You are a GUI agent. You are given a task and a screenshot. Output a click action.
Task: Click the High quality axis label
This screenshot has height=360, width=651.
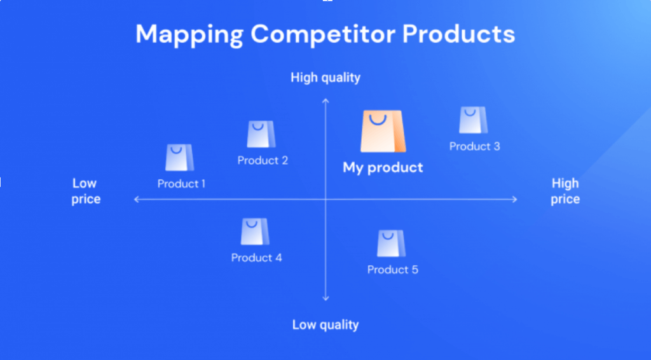click(x=325, y=78)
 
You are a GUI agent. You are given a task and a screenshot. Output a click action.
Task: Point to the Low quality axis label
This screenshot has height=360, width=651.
click(x=325, y=325)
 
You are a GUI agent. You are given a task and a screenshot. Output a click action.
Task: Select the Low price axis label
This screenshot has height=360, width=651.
click(x=85, y=191)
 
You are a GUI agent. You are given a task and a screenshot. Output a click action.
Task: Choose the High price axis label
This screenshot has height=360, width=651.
click(x=565, y=191)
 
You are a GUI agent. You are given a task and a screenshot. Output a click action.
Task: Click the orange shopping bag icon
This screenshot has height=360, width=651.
click(x=382, y=132)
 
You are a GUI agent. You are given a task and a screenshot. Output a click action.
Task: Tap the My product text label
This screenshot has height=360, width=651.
click(x=383, y=168)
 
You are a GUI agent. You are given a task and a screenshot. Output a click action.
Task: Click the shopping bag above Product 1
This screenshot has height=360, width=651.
click(x=179, y=158)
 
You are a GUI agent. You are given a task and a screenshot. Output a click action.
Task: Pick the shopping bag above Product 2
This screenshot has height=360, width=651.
click(x=261, y=134)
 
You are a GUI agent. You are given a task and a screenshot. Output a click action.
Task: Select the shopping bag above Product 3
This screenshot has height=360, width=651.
click(x=472, y=120)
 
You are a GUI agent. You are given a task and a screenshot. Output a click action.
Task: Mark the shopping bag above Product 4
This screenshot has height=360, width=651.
click(x=254, y=232)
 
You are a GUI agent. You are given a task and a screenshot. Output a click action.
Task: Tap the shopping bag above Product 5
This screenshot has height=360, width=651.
click(x=391, y=244)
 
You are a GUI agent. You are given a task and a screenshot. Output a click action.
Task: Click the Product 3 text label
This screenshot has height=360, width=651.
click(x=474, y=146)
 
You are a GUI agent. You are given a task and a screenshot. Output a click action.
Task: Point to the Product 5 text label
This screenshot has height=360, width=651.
click(x=393, y=270)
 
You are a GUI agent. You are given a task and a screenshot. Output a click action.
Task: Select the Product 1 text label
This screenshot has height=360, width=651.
click(x=181, y=184)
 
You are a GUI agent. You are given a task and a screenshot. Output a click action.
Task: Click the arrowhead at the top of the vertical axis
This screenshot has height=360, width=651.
click(x=325, y=100)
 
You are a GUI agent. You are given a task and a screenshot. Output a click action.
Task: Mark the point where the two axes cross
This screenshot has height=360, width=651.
click(x=325, y=200)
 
